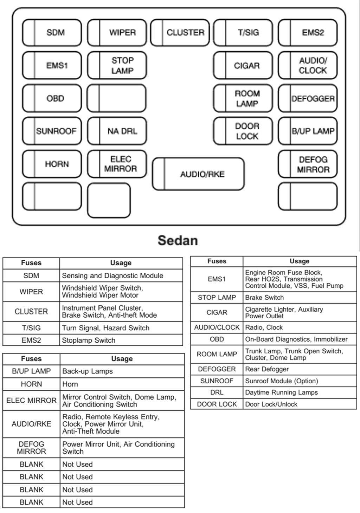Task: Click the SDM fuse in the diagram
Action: (x=52, y=33)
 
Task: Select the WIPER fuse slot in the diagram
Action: (x=117, y=33)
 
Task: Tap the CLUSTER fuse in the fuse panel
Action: (x=180, y=33)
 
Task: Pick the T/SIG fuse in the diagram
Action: (x=243, y=33)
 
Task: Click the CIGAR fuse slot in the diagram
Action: (x=243, y=65)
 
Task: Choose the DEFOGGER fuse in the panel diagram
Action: (x=308, y=98)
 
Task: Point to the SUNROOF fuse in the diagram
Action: (x=52, y=131)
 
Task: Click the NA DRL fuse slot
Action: (x=117, y=131)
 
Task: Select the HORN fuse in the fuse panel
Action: (x=52, y=164)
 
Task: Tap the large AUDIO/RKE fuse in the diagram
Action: (x=198, y=174)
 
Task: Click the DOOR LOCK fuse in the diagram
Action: (x=243, y=131)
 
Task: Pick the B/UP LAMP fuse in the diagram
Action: (x=308, y=131)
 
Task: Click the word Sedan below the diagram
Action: (x=178, y=241)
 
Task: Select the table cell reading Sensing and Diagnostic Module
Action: (x=112, y=276)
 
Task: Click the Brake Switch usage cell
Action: (x=264, y=298)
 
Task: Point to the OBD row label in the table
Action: (x=217, y=339)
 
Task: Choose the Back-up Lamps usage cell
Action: (x=88, y=371)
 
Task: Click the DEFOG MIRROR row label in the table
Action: (x=31, y=448)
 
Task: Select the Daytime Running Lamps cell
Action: (x=281, y=392)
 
